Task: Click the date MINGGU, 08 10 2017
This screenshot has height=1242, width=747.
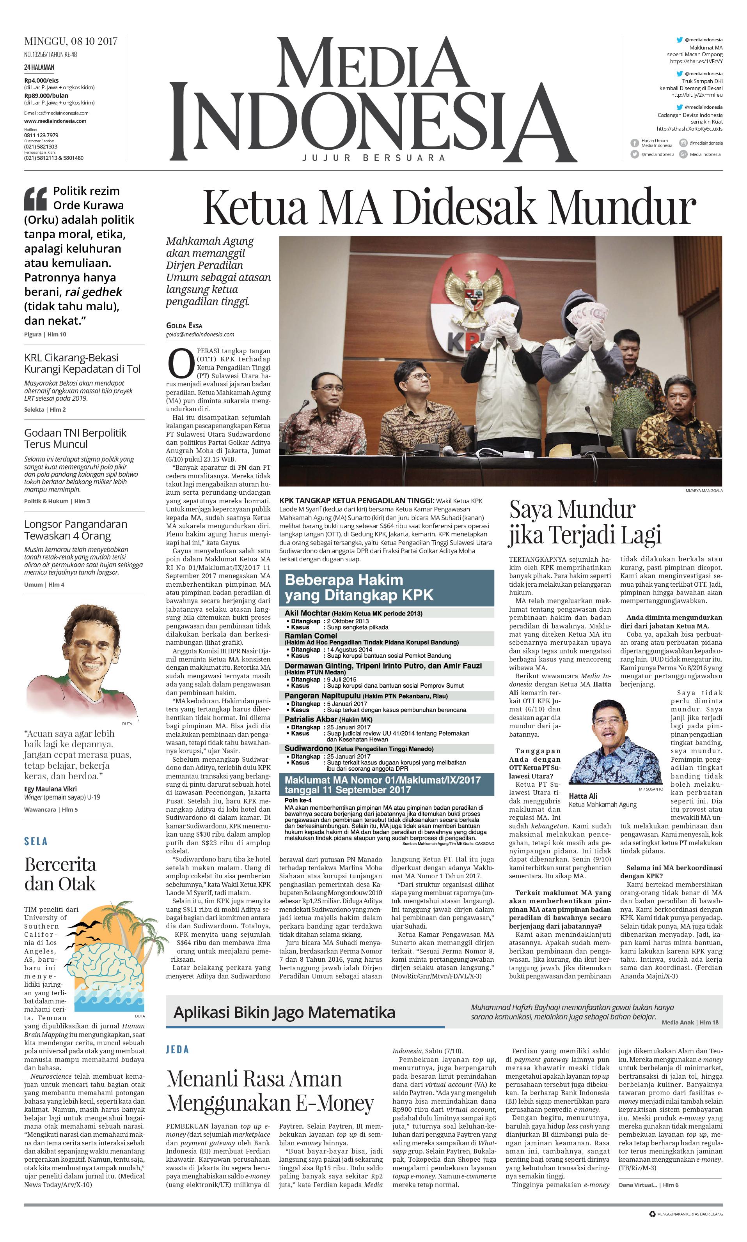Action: point(71,41)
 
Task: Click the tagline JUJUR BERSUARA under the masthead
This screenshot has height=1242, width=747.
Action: point(374,158)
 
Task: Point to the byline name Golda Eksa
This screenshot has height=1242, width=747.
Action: point(184,326)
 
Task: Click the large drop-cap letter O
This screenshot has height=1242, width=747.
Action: point(180,363)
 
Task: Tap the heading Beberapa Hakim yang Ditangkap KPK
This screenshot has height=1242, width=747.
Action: point(359,587)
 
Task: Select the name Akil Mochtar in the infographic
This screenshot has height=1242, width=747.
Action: point(307,613)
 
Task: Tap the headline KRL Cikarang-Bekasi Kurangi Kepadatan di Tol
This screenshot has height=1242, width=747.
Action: point(82,363)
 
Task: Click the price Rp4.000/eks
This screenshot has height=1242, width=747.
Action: point(41,80)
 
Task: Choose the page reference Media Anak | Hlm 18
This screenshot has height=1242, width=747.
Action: point(690,1022)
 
